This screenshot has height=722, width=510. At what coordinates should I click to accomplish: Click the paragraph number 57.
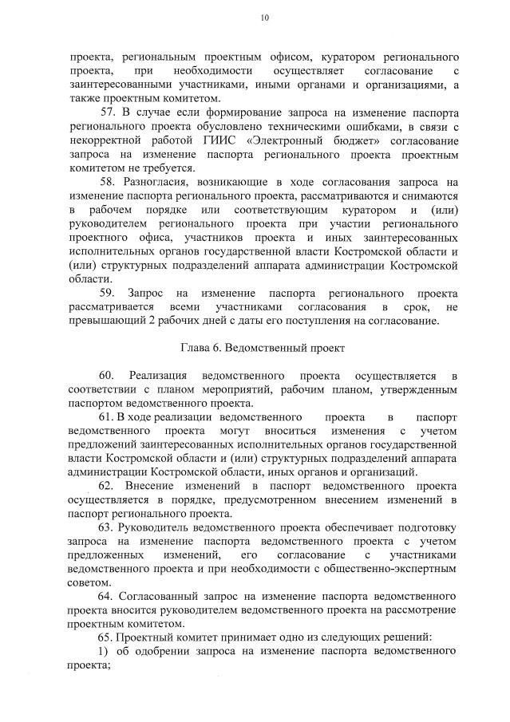point(107,111)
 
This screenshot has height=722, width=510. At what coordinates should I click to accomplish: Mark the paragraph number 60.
point(107,376)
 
